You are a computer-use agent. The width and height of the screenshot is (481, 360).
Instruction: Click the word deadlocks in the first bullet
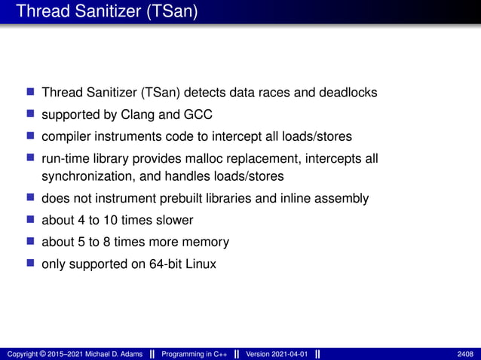click(347, 93)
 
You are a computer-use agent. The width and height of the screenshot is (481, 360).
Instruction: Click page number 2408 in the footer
click(465, 354)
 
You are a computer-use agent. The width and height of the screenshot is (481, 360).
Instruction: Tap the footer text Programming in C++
click(195, 354)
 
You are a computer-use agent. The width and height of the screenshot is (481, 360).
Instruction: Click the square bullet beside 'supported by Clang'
click(31, 114)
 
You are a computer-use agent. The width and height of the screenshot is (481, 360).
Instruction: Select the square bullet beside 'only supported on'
click(31, 264)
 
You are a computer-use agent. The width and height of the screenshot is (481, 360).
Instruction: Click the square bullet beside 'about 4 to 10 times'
click(31, 220)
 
